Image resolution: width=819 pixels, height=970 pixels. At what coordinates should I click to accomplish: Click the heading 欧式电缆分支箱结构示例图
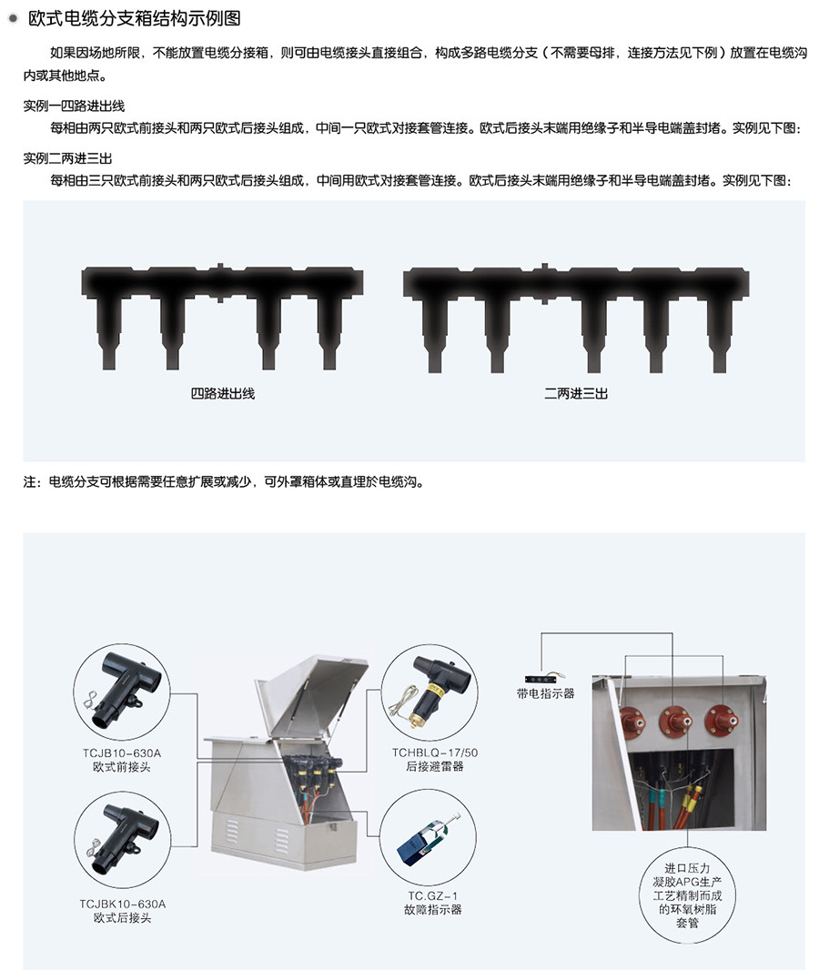coord(135,18)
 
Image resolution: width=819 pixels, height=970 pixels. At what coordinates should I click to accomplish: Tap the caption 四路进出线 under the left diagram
coord(223,393)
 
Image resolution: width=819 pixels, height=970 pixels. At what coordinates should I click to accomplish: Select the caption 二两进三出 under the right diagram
coord(576,393)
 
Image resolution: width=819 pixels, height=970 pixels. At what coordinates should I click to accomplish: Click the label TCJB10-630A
coord(122,753)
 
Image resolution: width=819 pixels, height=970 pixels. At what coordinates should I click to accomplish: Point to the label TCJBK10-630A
coord(123,904)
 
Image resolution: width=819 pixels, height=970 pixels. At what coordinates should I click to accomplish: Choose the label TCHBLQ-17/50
coord(435,753)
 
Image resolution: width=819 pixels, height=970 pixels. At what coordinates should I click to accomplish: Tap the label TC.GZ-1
coord(432,895)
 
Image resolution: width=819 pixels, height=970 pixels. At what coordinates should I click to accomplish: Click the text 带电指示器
coord(546,694)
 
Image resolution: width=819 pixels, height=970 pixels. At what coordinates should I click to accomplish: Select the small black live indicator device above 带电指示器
coord(543,679)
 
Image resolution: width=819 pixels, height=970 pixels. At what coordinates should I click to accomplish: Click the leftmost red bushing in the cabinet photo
coord(632,723)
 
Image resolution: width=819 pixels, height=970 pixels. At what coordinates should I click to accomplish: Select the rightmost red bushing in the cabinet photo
coord(722,721)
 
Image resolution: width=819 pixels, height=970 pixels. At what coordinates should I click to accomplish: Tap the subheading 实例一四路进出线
coord(74,106)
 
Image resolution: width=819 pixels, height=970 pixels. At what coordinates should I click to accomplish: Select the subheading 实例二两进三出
coord(67,158)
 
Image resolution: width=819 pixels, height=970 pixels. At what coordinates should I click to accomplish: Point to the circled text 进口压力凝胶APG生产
coord(687,874)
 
